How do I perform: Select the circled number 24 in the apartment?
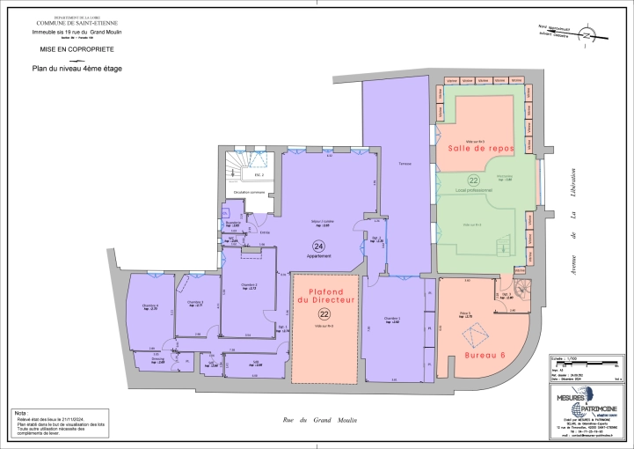[318, 246]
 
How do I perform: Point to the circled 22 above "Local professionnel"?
[473, 180]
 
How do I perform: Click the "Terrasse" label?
[404, 165]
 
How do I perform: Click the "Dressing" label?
[157, 358]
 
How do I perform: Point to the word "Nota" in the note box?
[20, 412]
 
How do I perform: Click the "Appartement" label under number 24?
[318, 255]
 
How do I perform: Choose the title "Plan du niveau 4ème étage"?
[77, 68]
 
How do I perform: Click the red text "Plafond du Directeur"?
[324, 296]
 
